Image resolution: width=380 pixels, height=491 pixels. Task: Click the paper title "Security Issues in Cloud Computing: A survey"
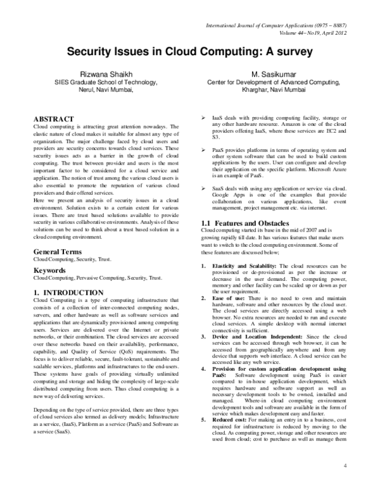tap(189, 54)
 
